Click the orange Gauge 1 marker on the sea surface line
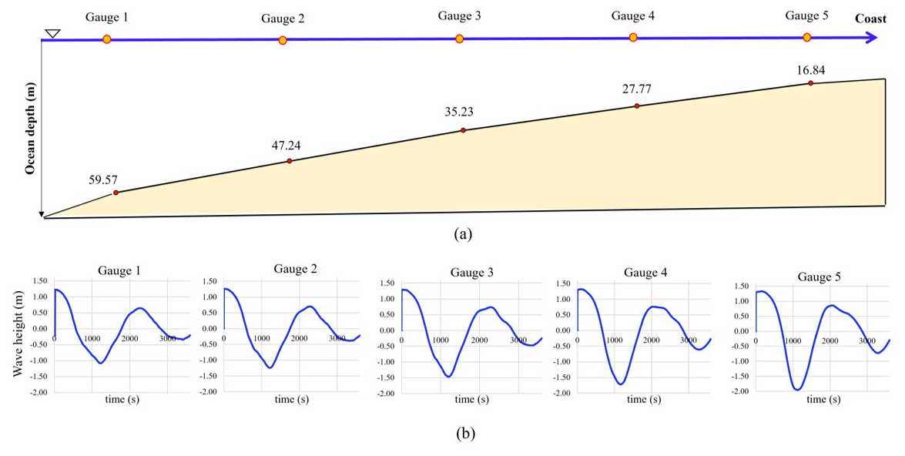tap(107, 39)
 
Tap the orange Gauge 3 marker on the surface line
tap(460, 39)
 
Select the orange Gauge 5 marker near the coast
tap(807, 37)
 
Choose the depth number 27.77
tap(637, 89)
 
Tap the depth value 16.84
tap(811, 70)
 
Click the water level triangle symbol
tap(52, 33)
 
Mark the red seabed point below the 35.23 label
tap(463, 130)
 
